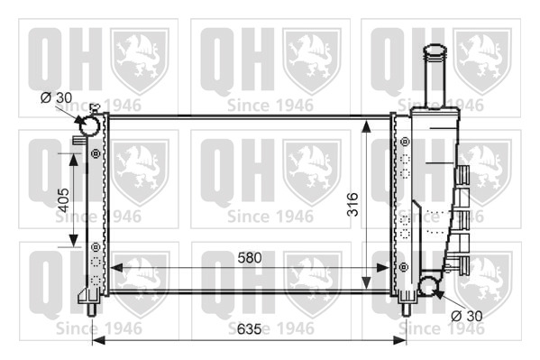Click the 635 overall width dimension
tap(249, 328)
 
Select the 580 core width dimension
tap(250, 257)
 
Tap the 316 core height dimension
tap(352, 205)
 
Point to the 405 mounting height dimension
tap(63, 200)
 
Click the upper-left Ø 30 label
tap(56, 98)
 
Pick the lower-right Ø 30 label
tap(467, 316)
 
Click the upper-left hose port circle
tap(89, 125)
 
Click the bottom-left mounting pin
tap(91, 309)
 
